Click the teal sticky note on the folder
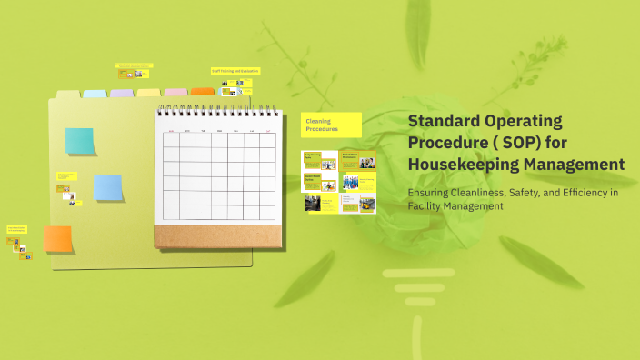79,141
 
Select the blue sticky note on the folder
108,187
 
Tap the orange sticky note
57,239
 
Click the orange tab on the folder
202,92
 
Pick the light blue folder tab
95,94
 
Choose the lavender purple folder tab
122,93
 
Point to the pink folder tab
175,92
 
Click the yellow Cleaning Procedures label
331,125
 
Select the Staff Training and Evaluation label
235,70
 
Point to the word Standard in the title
445,121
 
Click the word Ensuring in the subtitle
431,193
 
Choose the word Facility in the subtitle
425,206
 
